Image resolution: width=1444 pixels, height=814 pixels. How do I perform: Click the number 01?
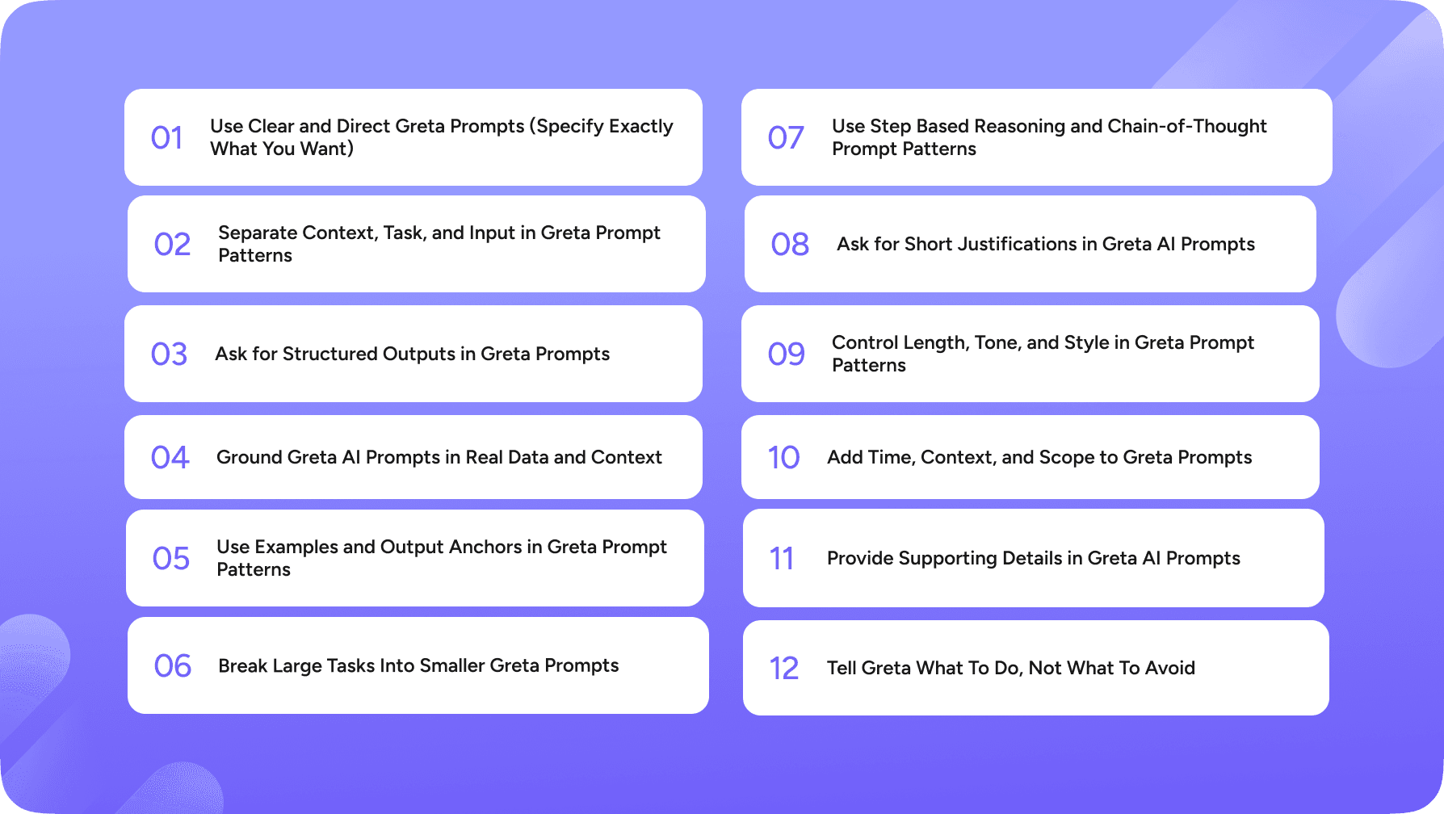point(166,138)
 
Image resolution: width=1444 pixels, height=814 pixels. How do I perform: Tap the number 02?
point(172,245)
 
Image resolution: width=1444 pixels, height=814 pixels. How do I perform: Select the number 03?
point(169,355)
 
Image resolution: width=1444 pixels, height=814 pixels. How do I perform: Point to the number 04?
point(170,458)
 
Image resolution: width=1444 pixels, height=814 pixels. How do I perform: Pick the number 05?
point(170,559)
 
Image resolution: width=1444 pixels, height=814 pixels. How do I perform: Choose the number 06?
point(172,666)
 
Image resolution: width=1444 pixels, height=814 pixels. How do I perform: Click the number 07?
point(786,138)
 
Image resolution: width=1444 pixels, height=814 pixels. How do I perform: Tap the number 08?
point(789,245)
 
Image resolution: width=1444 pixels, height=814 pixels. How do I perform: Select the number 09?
point(786,355)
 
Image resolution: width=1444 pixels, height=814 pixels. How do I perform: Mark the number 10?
point(783,458)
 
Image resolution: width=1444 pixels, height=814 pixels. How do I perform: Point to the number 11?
point(781,559)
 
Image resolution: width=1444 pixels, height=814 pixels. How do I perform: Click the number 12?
point(783,669)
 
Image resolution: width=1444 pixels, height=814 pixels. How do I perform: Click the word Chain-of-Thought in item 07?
point(1187,127)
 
